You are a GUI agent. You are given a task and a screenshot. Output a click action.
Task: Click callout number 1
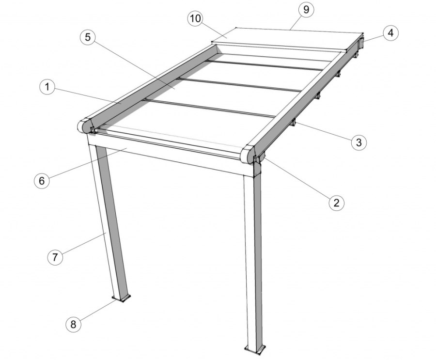[x=47, y=87]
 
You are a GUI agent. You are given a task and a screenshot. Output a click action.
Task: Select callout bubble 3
[x=359, y=142]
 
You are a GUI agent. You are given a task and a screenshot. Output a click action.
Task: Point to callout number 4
[x=390, y=33]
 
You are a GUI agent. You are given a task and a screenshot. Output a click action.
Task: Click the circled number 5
[x=88, y=37]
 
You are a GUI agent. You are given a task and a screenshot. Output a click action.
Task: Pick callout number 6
[x=42, y=181]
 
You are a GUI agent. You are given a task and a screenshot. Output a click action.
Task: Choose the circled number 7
[x=55, y=257]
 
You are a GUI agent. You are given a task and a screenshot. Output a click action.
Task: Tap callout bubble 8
[x=74, y=324]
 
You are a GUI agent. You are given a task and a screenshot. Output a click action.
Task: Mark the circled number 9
[x=306, y=10]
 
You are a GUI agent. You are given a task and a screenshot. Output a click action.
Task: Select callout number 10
[x=196, y=18]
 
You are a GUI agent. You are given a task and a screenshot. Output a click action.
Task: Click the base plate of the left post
[x=122, y=298]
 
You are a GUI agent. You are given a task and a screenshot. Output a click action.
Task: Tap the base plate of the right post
[x=255, y=350]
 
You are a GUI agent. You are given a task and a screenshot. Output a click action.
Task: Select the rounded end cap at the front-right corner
[x=248, y=155]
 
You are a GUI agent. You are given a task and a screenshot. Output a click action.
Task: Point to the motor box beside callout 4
[x=361, y=43]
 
